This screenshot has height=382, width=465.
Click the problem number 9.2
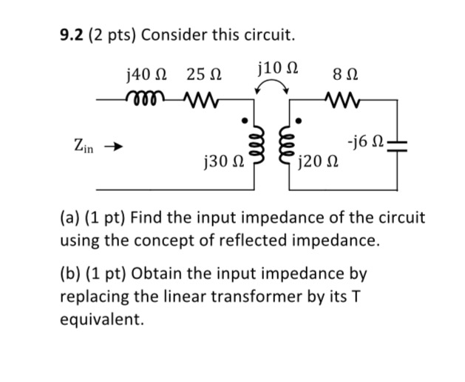click(x=72, y=35)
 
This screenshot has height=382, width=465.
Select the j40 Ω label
click(x=146, y=74)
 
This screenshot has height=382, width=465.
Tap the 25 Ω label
click(x=204, y=74)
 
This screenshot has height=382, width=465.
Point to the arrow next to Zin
click(x=112, y=147)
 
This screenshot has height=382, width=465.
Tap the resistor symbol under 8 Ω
click(x=342, y=98)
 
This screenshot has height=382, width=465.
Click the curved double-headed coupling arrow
click(x=273, y=88)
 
